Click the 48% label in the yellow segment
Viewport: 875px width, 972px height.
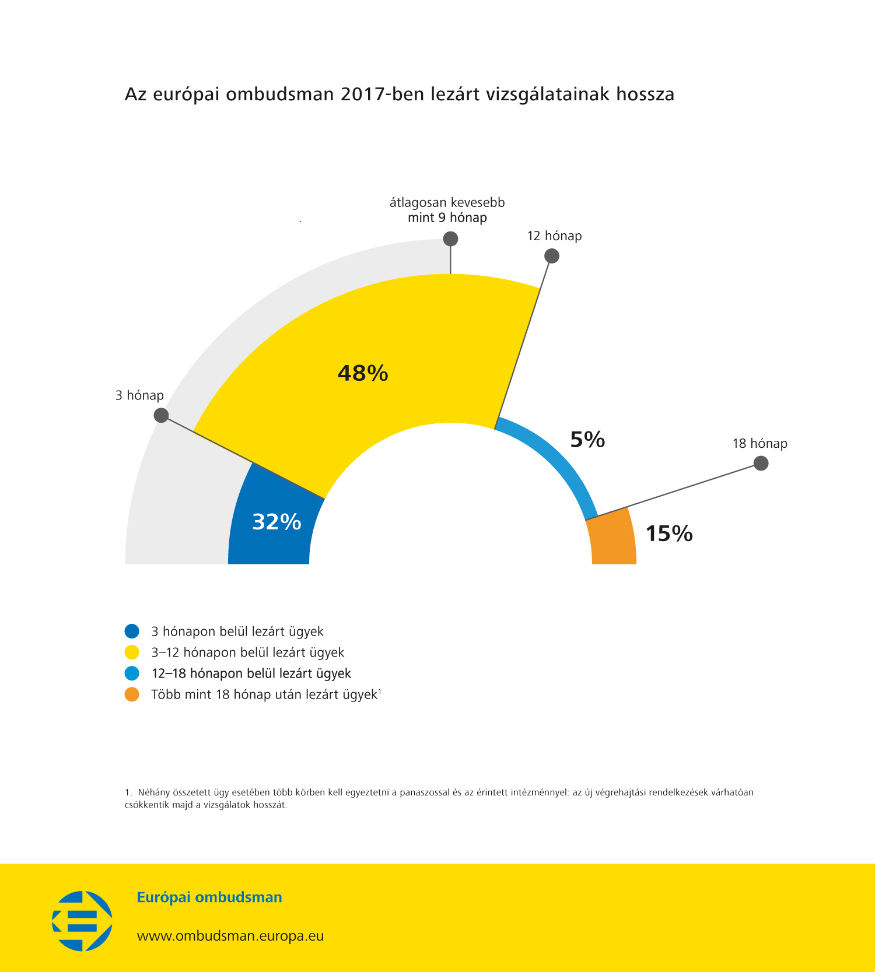[363, 373]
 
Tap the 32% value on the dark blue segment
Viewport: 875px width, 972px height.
[276, 522]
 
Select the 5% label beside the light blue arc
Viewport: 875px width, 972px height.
[587, 440]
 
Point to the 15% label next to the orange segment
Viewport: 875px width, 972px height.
[669, 534]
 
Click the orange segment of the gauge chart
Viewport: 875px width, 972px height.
[612, 539]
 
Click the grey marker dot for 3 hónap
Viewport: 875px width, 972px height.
[161, 415]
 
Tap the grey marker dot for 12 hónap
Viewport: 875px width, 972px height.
[551, 256]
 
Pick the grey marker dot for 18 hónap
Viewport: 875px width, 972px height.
[761, 464]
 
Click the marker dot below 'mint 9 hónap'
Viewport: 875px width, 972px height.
[450, 239]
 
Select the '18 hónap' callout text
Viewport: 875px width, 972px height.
[759, 444]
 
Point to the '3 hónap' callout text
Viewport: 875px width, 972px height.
[139, 395]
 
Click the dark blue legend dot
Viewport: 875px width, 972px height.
[132, 631]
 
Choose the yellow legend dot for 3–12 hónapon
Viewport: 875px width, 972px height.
[132, 652]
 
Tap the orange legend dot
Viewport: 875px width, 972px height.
[132, 694]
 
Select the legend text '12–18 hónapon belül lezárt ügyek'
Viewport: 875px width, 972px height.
[251, 673]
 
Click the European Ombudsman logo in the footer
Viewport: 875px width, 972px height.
[82, 921]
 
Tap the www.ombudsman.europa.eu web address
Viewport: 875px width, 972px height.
[230, 936]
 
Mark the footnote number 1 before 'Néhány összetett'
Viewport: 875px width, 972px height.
[127, 792]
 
